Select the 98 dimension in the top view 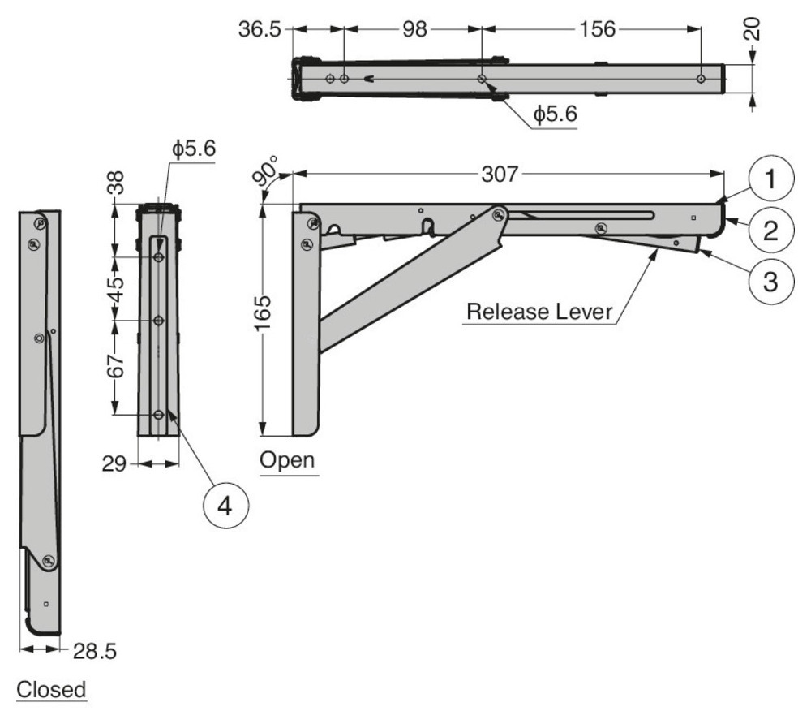(414, 29)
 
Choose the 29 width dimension (115, 464)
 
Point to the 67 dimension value (118, 367)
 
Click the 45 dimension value (118, 287)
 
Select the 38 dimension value (118, 183)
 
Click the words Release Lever (539, 312)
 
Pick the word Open (287, 460)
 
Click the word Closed (51, 690)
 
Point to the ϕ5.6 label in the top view (555, 115)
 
